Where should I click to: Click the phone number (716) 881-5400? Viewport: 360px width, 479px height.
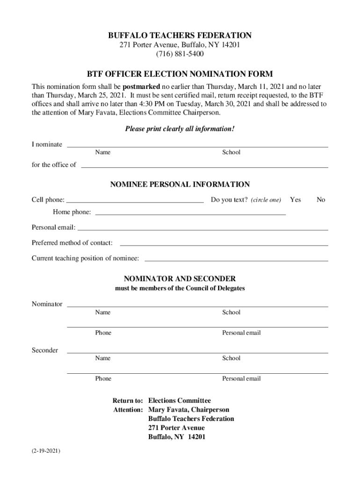coord(180,54)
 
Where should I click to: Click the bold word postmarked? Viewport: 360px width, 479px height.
coord(141,87)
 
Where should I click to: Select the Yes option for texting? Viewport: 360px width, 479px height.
coord(295,200)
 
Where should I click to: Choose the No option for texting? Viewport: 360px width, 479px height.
coord(321,200)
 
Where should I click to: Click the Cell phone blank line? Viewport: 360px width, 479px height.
coord(135,201)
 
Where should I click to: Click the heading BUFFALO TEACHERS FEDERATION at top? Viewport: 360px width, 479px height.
coord(180,36)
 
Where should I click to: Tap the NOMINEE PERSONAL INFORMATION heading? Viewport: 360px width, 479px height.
coord(180,184)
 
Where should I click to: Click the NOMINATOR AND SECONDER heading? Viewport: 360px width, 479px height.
coord(180,279)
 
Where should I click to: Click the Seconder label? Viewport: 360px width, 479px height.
coord(45,350)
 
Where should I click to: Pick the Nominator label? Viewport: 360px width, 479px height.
coord(47,304)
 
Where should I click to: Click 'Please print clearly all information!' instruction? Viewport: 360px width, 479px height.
coord(180,129)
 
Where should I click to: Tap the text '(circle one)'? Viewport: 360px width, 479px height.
coord(266,200)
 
